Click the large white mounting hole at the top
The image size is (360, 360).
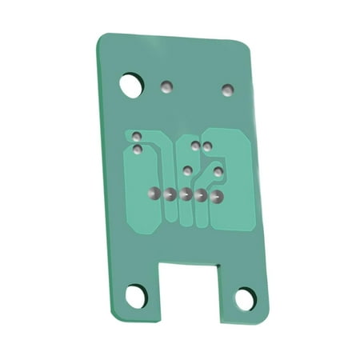pos(130,84)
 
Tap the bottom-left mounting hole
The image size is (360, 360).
pos(135,297)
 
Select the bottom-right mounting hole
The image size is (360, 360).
pos(245,299)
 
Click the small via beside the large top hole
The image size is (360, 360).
pos(167,86)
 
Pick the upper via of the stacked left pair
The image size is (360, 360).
pos(137,136)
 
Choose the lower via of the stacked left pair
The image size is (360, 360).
pos(138,149)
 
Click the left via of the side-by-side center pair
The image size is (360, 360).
pos(196,146)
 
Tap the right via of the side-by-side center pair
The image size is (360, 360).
pos(207,146)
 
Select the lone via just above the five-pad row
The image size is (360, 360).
pos(187,170)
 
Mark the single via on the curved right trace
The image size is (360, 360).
pos(218,171)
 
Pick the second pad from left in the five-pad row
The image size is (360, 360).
pos(169,194)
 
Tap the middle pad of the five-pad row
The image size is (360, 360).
pos(185,194)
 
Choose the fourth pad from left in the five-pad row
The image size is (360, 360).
pos(201,195)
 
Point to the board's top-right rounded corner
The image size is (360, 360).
pos(246,45)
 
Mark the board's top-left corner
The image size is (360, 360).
pos(101,36)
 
